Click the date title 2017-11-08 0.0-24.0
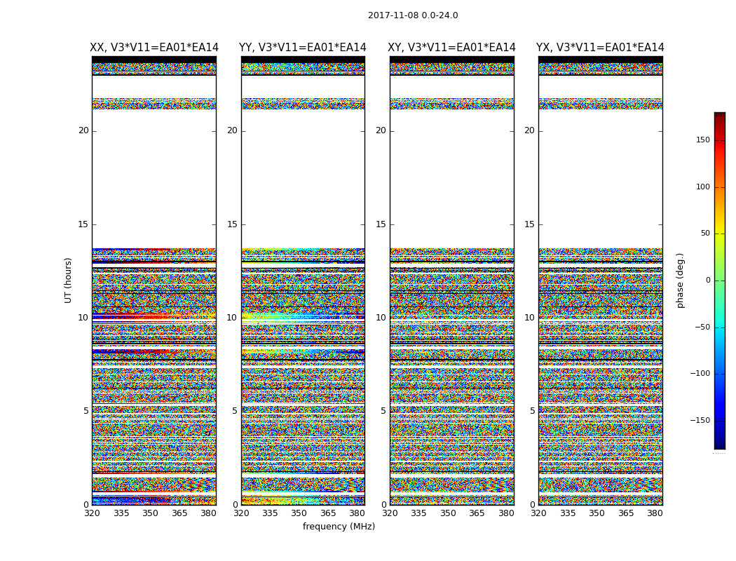[x=413, y=15]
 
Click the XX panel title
[x=154, y=48]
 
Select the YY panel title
[x=303, y=48]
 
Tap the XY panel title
[x=451, y=48]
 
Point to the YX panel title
[x=600, y=48]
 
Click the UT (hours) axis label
[x=69, y=280]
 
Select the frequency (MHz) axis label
[x=339, y=527]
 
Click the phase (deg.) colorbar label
[x=680, y=280]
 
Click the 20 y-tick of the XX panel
[x=83, y=130]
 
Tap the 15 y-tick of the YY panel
[x=232, y=224]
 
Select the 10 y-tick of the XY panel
[x=381, y=318]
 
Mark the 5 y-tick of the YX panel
[x=532, y=411]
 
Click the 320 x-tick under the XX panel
[x=92, y=513]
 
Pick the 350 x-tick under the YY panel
[x=299, y=513]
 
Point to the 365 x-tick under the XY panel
[x=477, y=513]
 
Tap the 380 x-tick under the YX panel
[x=655, y=513]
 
